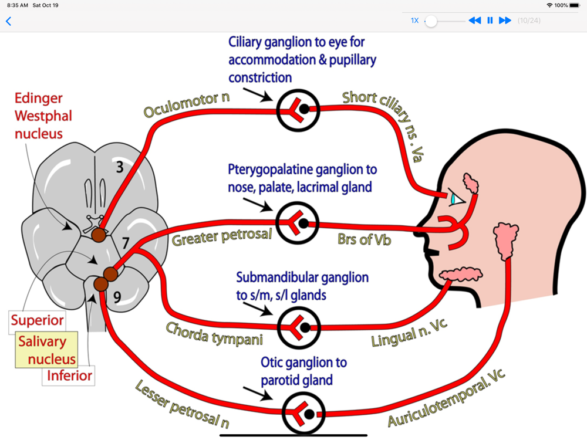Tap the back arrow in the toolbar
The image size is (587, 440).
click(8, 22)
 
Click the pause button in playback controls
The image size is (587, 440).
click(490, 21)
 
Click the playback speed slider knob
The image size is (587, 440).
click(431, 21)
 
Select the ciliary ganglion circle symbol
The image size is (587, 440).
click(298, 109)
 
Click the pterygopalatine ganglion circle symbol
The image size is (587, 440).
click(298, 223)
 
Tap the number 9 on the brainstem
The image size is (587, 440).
click(117, 298)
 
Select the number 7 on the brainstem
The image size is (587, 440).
click(125, 242)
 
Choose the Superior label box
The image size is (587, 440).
click(37, 321)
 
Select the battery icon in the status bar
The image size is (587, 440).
click(574, 5)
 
